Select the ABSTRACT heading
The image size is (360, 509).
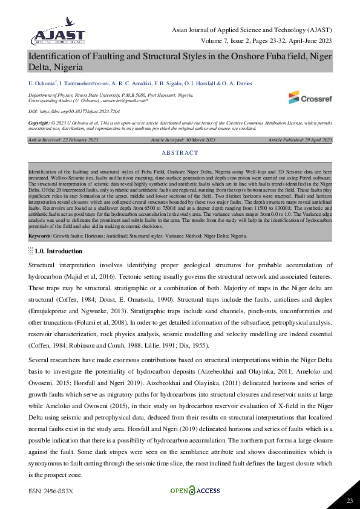coord(180,154)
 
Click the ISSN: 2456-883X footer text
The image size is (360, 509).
coord(50,491)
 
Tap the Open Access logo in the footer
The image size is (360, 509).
coord(190,490)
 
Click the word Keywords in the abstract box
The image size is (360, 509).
coord(40,236)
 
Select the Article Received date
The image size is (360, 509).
coord(63,140)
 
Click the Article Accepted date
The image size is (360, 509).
coord(183,140)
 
